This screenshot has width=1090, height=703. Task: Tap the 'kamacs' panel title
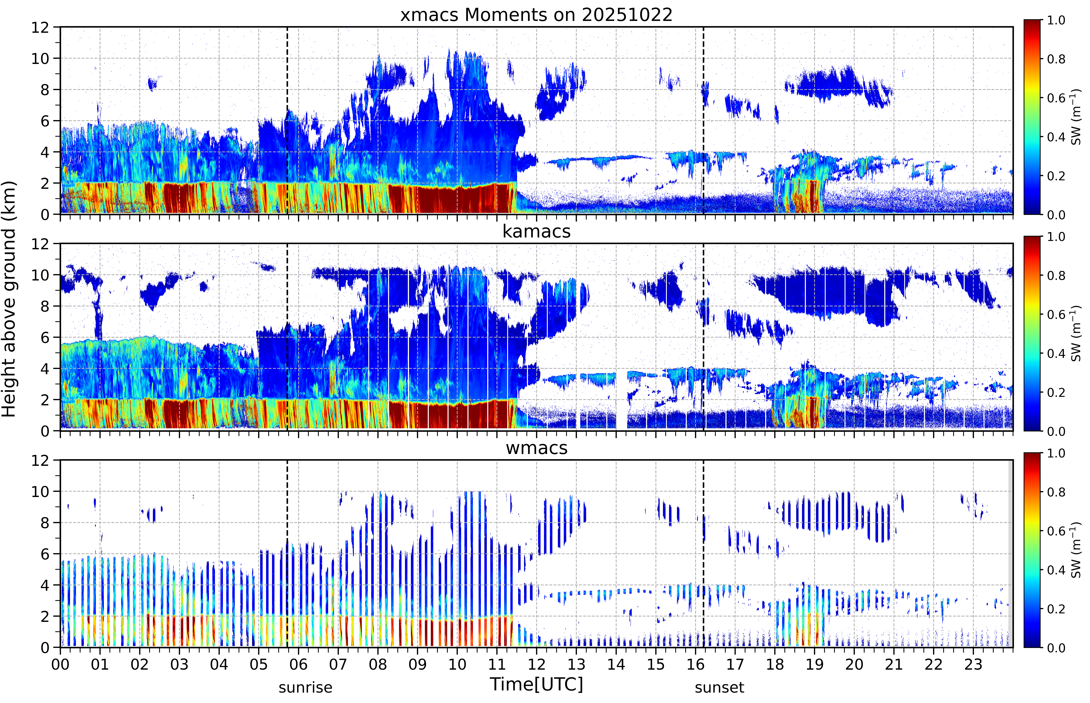[x=536, y=231]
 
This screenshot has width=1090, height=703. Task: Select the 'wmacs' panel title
[x=536, y=448]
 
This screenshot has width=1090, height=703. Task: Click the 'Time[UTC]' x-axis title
[x=536, y=684]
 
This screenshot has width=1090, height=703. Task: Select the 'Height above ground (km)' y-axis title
[x=9, y=299]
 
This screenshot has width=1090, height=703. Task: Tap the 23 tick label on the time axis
[x=973, y=664]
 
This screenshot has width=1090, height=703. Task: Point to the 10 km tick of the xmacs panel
[x=40, y=58]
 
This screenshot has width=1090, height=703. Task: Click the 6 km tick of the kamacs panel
[x=45, y=337]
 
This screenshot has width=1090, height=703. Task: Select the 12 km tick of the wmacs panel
[x=40, y=460]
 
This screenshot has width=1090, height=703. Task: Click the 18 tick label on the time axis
[x=775, y=664]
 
